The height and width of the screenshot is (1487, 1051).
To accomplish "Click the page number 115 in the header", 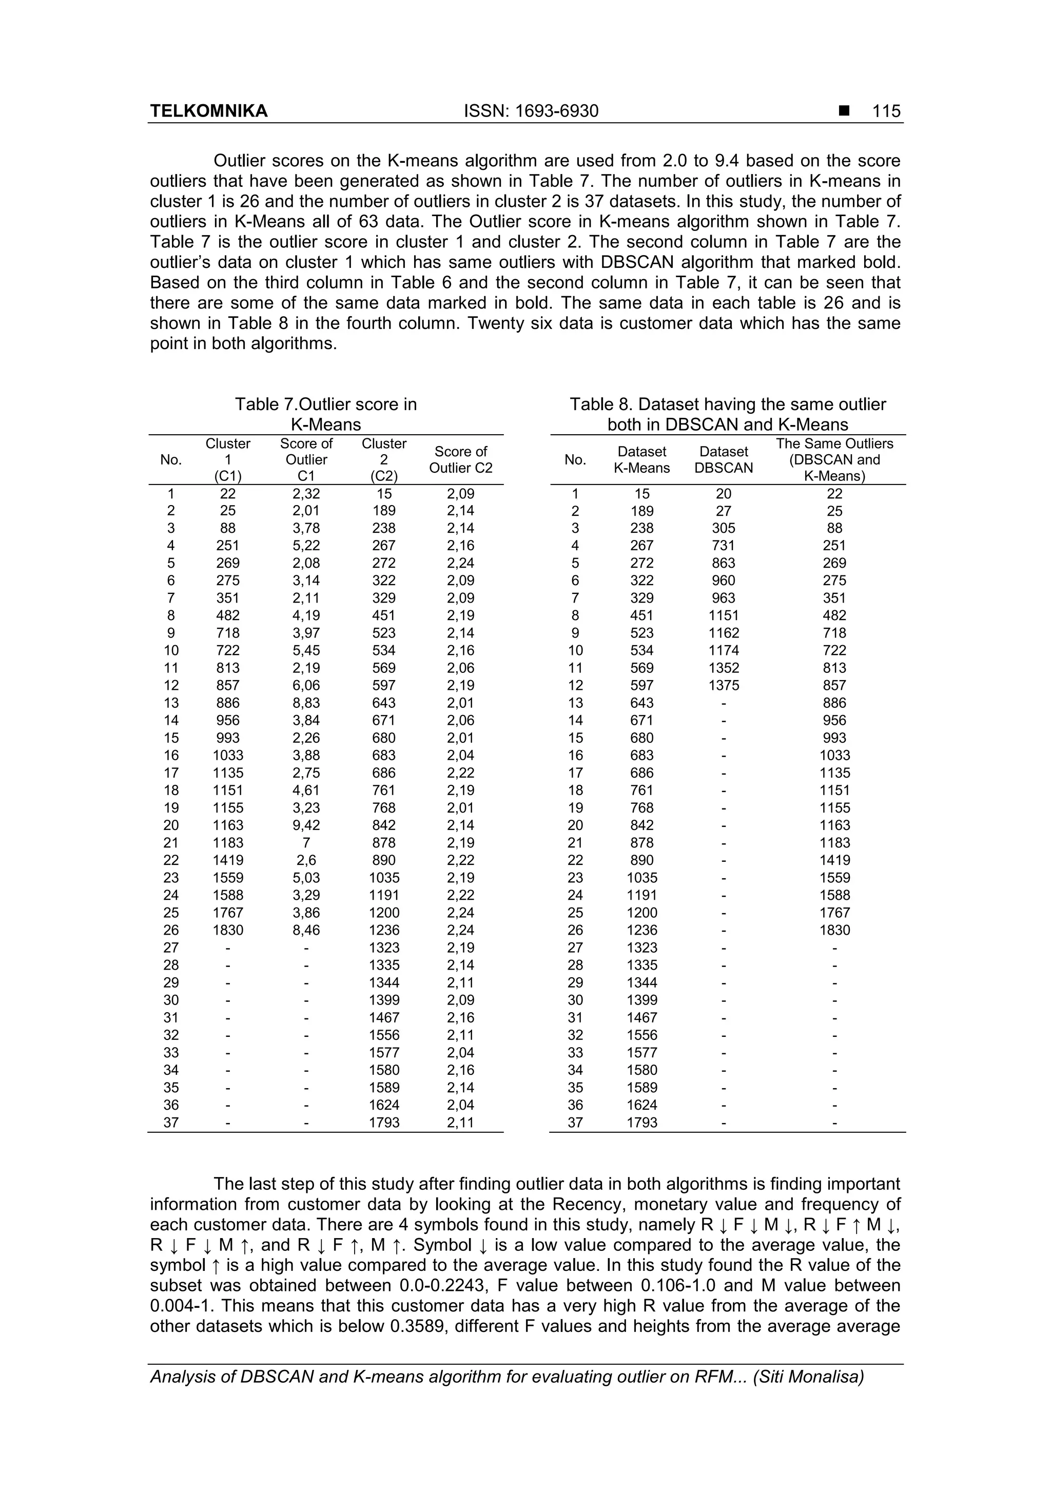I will (886, 111).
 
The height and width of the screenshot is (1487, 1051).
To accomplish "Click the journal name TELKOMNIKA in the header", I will (208, 111).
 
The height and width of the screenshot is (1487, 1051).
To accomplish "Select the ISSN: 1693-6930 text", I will (531, 111).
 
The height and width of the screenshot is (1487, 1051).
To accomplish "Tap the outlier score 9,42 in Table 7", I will (306, 825).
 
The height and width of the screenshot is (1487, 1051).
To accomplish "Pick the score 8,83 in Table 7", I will (306, 703).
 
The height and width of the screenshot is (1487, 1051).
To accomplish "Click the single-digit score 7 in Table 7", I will (306, 843).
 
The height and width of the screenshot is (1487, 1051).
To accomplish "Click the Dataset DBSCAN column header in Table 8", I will (723, 459).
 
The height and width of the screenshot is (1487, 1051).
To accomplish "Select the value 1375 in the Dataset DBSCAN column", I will (723, 685).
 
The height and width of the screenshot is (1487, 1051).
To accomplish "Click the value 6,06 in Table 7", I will (306, 685).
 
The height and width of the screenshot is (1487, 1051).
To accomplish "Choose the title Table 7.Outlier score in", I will (326, 405).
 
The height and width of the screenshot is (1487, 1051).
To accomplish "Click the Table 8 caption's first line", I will (727, 405).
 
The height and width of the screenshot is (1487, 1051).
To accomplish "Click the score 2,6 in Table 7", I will (306, 860).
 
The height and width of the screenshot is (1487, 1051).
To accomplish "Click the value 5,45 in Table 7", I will (306, 650).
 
